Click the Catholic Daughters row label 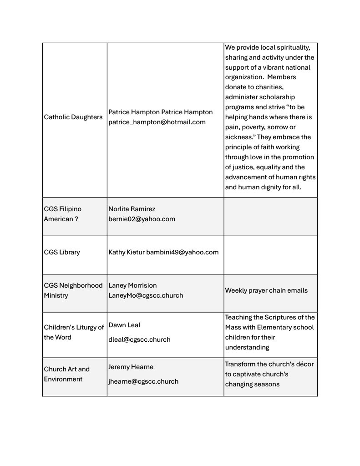(73, 117)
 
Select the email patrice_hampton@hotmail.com (157, 122)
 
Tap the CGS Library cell (62, 252)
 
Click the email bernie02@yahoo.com (142, 219)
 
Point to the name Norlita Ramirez (132, 209)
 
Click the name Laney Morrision (132, 285)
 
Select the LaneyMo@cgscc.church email (146, 295)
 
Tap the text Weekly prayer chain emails (266, 290)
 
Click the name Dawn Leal (124, 325)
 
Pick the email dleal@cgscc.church (139, 339)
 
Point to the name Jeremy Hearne (131, 367)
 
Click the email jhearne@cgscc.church (143, 381)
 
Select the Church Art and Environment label (66, 374)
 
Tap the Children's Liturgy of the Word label (74, 332)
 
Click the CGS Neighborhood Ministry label (73, 290)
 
